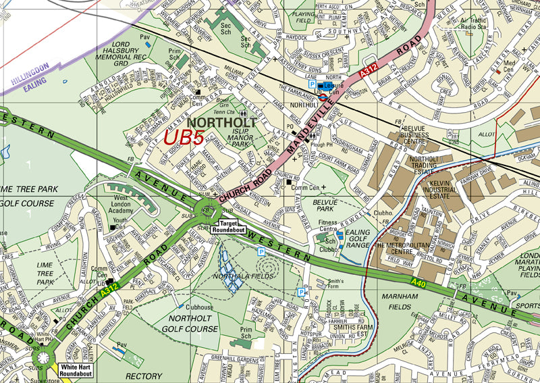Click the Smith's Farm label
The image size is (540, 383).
pyautogui.click(x=335, y=282)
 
